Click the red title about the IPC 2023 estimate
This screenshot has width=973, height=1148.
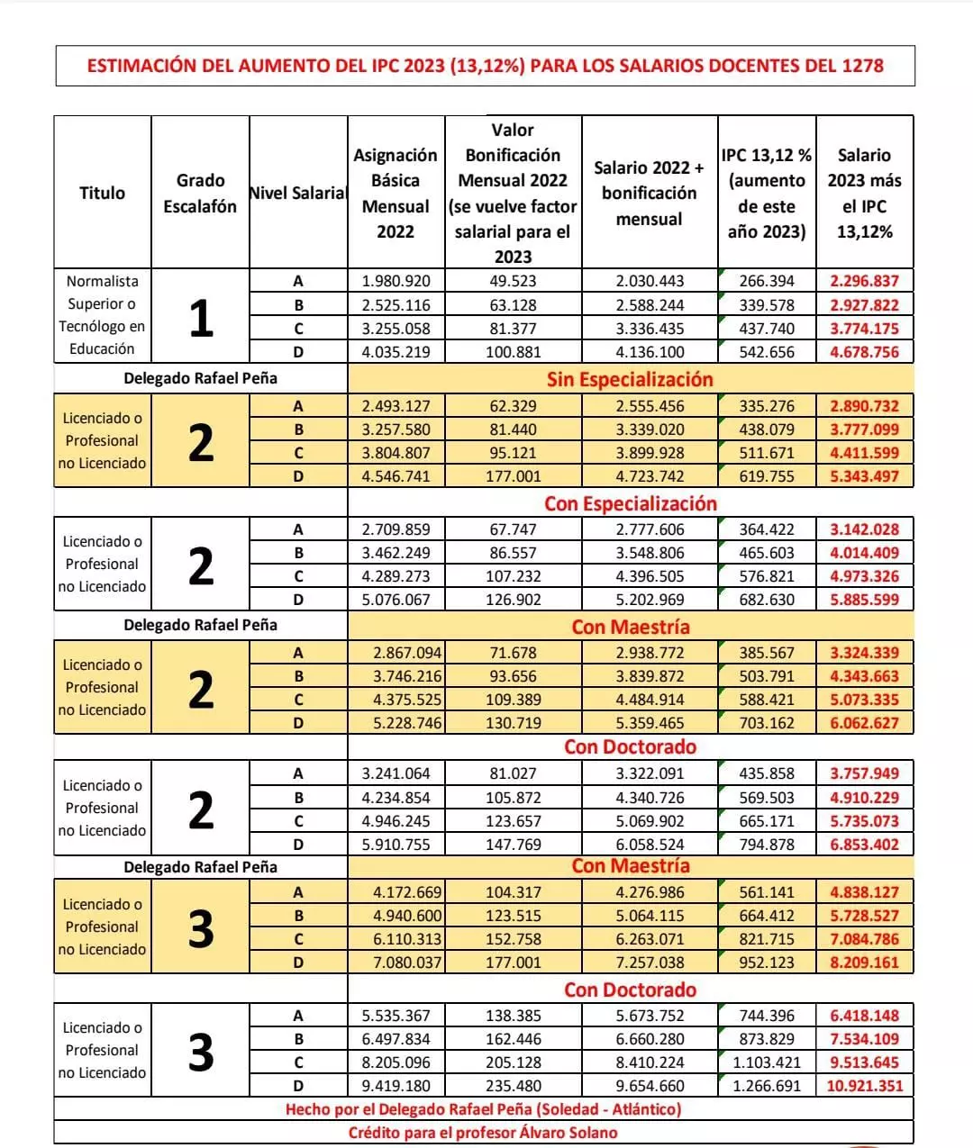coord(485,66)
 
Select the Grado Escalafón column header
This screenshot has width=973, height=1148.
coord(200,193)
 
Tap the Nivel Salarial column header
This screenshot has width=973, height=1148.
coord(297,193)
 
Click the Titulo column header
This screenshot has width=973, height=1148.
coord(102,193)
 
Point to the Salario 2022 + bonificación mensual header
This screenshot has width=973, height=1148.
coord(649,193)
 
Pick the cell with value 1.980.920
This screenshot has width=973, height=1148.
coord(396,281)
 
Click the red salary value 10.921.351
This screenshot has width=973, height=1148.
coord(864,1086)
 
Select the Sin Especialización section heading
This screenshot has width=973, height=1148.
coord(630,379)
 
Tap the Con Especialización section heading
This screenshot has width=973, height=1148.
coord(630,503)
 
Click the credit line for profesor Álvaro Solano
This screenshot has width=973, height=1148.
coord(483,1133)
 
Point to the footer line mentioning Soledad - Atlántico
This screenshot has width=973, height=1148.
coord(483,1109)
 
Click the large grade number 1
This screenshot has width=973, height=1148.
coord(200,317)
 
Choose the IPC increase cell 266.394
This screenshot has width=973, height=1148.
coord(767,281)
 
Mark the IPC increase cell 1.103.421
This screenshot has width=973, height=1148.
coord(767,1062)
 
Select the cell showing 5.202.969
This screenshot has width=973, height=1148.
coord(650,600)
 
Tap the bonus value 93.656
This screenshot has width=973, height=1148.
coord(513,676)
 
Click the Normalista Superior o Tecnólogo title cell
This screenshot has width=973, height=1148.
coord(102,315)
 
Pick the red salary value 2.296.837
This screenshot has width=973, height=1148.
coord(864,281)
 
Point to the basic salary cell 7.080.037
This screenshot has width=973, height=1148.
coord(396,963)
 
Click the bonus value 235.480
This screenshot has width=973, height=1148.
coord(513,1086)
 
